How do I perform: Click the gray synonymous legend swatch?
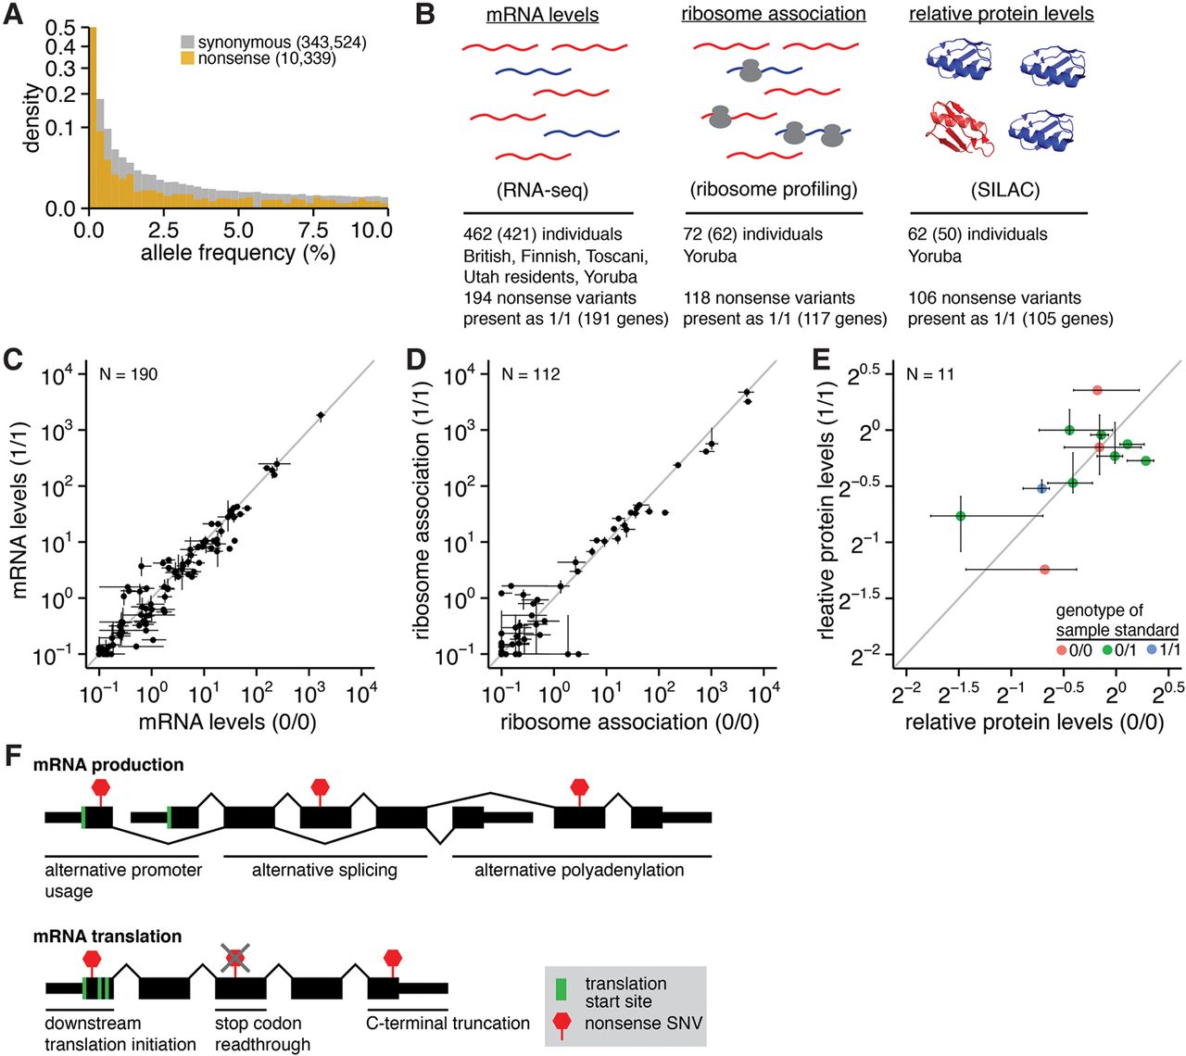tap(187, 43)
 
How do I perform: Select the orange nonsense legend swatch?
tap(187, 58)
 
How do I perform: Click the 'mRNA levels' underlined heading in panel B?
tap(542, 15)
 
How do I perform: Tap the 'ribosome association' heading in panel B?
tap(774, 14)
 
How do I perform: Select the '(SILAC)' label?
tap(1005, 190)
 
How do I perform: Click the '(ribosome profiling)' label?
tap(774, 190)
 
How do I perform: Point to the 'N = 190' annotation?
tap(128, 374)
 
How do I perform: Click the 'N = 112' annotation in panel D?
tap(530, 374)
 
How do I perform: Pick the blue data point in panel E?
tap(1041, 488)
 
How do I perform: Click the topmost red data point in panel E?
tap(1097, 390)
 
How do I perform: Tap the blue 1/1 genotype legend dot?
tap(1152, 650)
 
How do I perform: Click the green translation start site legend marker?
tap(561, 988)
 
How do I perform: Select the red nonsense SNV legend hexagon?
tap(561, 1022)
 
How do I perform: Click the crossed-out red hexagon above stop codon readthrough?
tap(236, 956)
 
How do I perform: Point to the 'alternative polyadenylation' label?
tap(579, 871)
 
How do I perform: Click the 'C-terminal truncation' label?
tap(448, 1023)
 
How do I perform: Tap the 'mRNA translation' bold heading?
tap(107, 937)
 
